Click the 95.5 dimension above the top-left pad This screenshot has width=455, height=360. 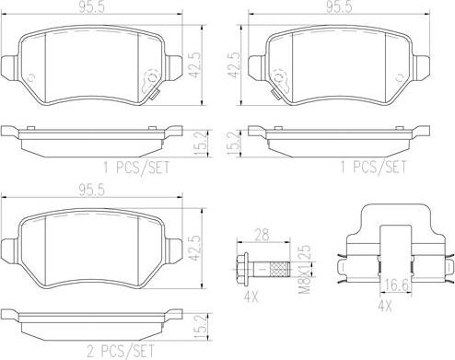[x=92, y=6]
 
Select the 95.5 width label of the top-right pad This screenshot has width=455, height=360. [x=339, y=6]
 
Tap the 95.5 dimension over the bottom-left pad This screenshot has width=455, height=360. [x=92, y=191]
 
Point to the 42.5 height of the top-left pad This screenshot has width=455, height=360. [x=196, y=65]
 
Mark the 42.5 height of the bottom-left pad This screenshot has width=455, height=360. [x=196, y=249]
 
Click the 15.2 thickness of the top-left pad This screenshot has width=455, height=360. [x=201, y=143]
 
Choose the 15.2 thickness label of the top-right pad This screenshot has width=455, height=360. [x=233, y=143]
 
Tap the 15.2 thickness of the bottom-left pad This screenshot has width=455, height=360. [x=201, y=327]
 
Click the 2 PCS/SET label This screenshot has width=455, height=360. [x=121, y=351]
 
